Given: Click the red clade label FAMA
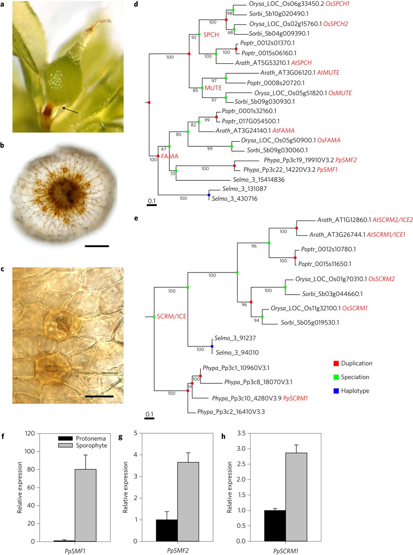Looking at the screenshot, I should [169, 156].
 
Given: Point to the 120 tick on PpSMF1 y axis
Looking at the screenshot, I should [30, 433].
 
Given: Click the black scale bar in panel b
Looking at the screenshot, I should [96, 246].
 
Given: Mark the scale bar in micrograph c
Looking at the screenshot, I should [99, 396].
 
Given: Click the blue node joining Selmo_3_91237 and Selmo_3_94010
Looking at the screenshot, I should [212, 346].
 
